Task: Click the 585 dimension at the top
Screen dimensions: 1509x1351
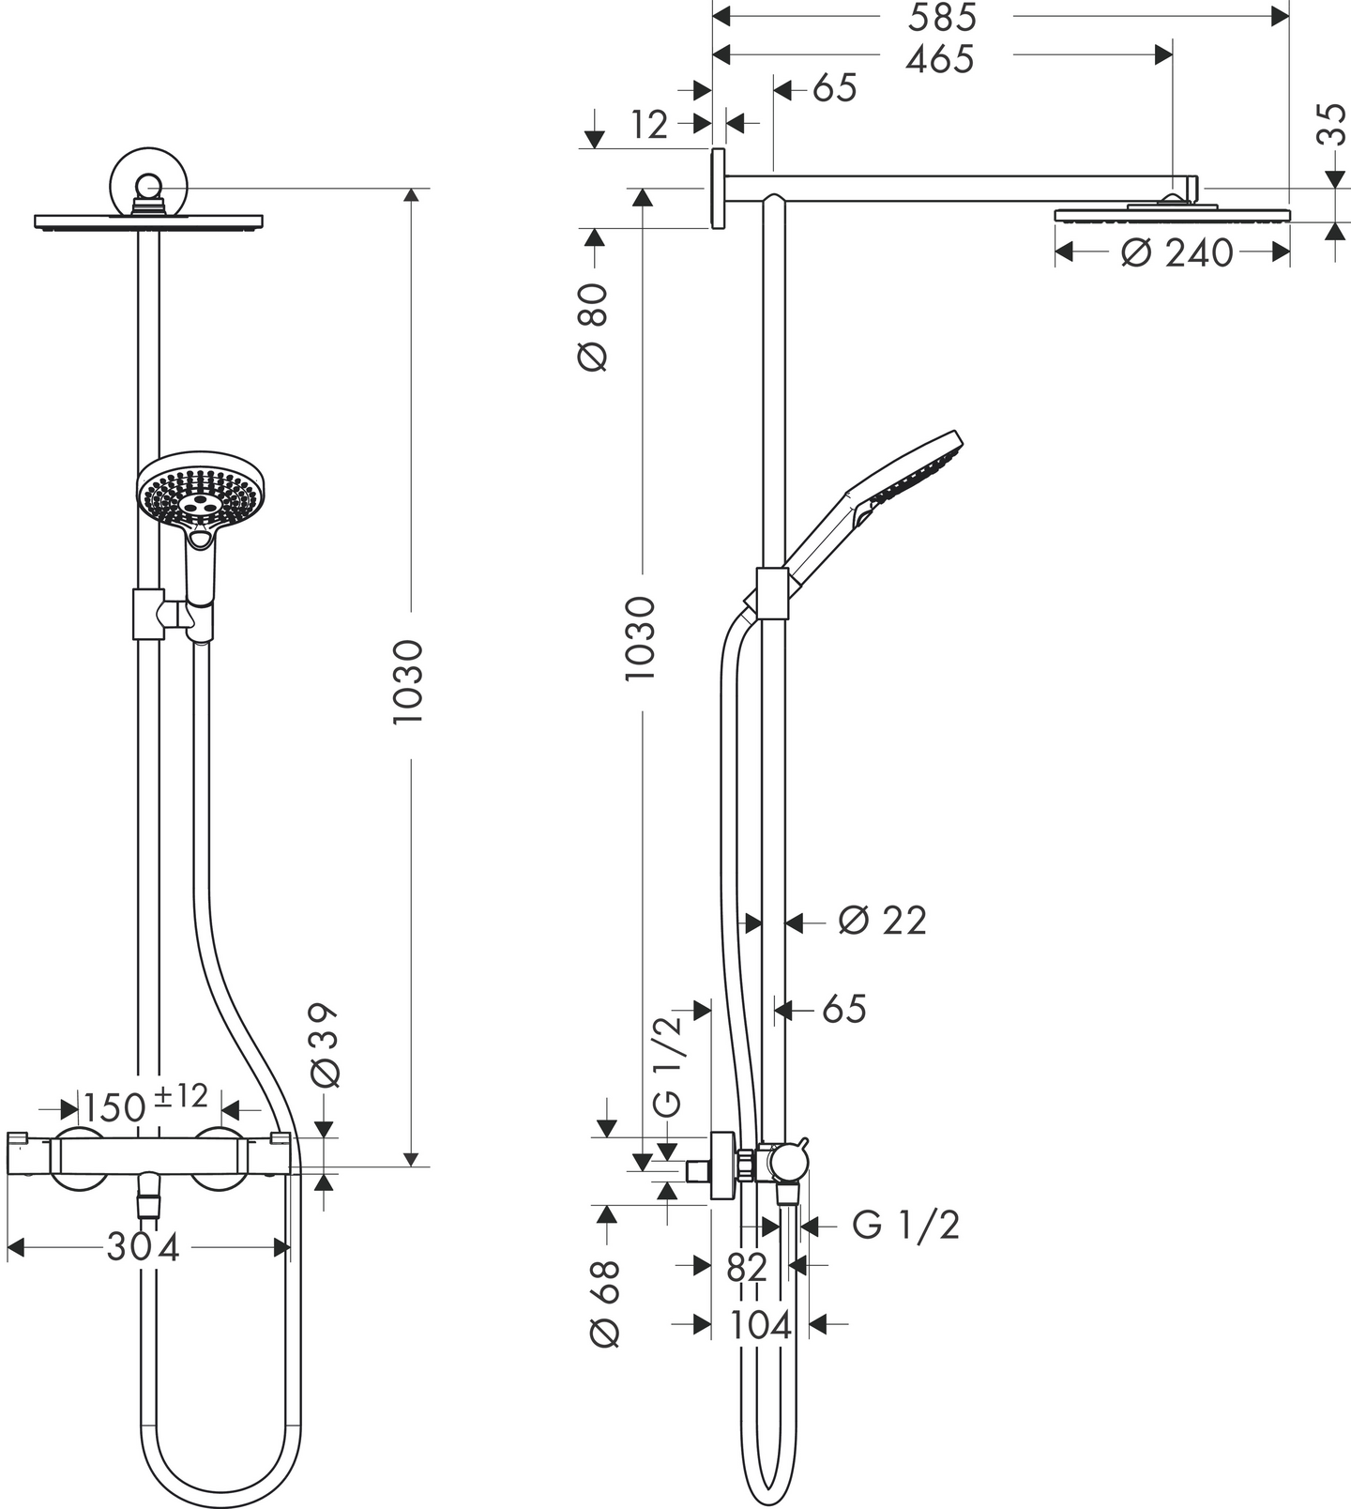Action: pos(941,17)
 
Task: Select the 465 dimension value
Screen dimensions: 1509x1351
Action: pos(941,59)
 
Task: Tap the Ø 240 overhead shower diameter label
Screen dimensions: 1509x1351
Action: pos(1176,252)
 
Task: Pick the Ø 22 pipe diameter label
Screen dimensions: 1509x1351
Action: pos(882,921)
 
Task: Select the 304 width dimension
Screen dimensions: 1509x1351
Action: pos(143,1247)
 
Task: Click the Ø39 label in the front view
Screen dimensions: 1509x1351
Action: pos(324,1045)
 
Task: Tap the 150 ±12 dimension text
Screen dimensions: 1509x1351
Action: pos(144,1105)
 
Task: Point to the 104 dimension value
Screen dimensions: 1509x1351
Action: pos(760,1325)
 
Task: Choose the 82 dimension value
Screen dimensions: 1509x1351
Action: pos(747,1268)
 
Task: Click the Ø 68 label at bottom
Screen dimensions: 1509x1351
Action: pos(604,1303)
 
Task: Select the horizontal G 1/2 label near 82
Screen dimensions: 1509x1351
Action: pos(905,1225)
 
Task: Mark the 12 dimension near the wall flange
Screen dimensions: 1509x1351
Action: pos(649,124)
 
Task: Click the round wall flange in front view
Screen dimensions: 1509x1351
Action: pos(149,179)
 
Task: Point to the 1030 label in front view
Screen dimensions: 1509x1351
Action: pos(409,681)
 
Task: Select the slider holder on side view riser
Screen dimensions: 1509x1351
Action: pos(772,594)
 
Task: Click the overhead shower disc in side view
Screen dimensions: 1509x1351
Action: pos(1172,215)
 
